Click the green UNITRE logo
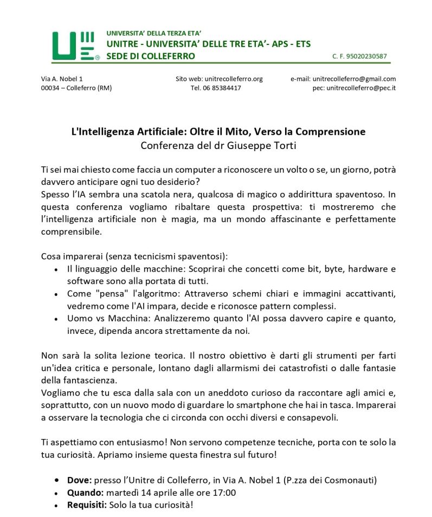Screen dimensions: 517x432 [x=75, y=46]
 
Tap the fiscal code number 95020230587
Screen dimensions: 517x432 [x=368, y=56]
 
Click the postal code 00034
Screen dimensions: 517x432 [x=51, y=88]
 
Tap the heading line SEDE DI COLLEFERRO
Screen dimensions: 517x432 [x=151, y=56]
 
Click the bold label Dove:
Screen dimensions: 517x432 [x=79, y=480]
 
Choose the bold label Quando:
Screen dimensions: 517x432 [x=85, y=493]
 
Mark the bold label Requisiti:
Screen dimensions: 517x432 [x=87, y=505]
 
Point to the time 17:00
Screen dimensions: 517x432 [x=223, y=493]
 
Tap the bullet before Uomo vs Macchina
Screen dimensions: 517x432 [x=57, y=319]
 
